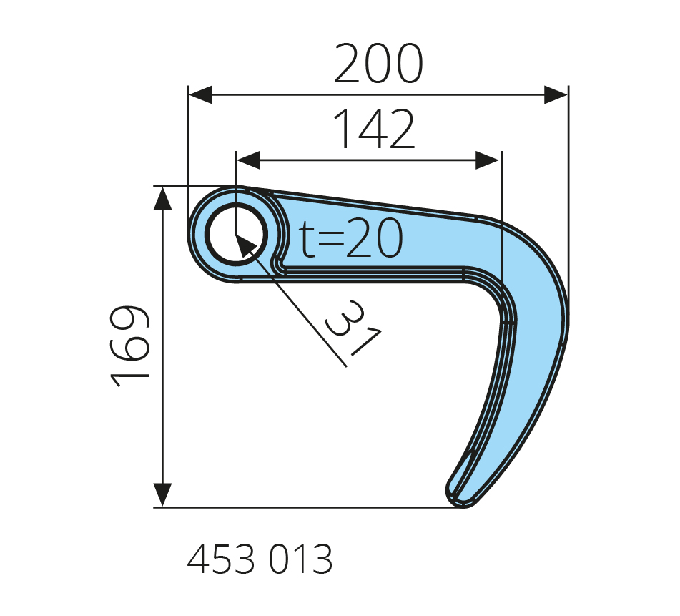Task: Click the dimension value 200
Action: [378, 64]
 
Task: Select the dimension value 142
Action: [374, 129]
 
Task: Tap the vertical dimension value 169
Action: [130, 346]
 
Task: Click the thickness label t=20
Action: [351, 238]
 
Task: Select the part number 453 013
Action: [260, 559]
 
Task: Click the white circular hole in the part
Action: [237, 235]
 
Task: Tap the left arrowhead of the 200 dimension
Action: [201, 94]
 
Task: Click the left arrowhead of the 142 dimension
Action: [249, 160]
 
